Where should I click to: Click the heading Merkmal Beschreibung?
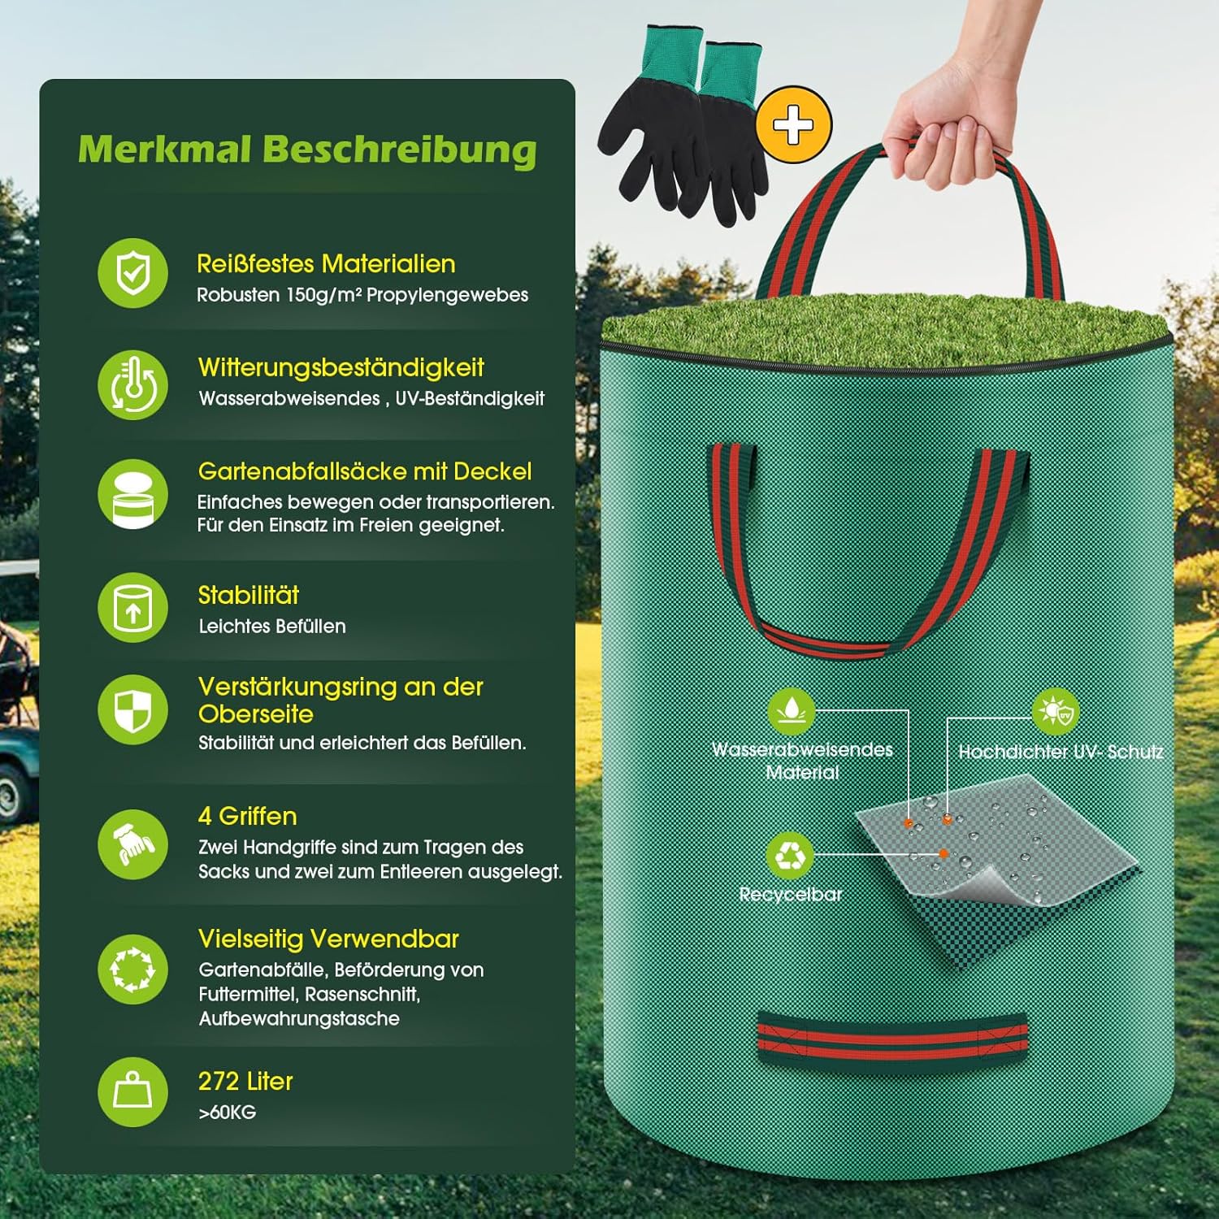pos(307,150)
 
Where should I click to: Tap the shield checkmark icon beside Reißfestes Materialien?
pos(133,273)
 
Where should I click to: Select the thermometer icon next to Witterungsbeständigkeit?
pos(133,384)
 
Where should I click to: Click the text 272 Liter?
pos(245,1081)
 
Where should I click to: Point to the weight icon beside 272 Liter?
pos(133,1091)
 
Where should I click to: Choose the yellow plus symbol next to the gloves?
pos(793,125)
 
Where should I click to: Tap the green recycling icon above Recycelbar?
pos(790,855)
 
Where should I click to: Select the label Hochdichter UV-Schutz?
pos(1061,752)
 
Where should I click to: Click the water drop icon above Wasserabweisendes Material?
pos(792,711)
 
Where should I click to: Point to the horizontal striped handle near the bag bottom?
pos(891,1040)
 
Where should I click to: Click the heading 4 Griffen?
pos(248,816)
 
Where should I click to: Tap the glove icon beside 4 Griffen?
pos(133,844)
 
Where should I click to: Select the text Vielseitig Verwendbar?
pos(328,939)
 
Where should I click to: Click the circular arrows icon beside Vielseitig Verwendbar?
pos(133,969)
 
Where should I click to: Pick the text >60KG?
pos(228,1113)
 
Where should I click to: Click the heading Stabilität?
pos(249,595)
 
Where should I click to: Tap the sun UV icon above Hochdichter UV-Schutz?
pos(1056,712)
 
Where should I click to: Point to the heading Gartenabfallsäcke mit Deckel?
pos(365,471)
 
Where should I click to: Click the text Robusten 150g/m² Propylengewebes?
pos(362,295)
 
